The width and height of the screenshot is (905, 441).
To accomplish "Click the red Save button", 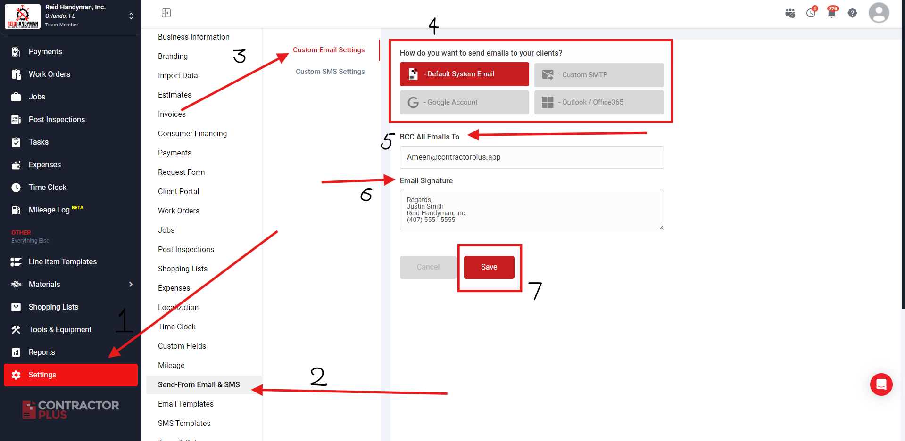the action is pyautogui.click(x=489, y=267).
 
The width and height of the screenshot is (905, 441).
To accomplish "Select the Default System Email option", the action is pyautogui.click(x=465, y=74).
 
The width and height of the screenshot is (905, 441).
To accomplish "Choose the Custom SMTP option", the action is pyautogui.click(x=599, y=75).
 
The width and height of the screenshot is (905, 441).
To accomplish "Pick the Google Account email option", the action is pyautogui.click(x=465, y=102).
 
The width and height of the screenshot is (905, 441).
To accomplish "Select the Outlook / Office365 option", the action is pyautogui.click(x=599, y=102).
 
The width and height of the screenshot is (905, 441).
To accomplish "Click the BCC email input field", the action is pyautogui.click(x=531, y=157).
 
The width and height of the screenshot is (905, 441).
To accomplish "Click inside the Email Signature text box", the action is pyautogui.click(x=531, y=210).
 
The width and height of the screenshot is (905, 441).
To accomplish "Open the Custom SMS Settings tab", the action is pyautogui.click(x=330, y=72).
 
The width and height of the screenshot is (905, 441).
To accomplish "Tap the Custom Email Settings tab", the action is pyautogui.click(x=329, y=50).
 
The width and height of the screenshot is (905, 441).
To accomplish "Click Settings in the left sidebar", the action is pyautogui.click(x=71, y=375).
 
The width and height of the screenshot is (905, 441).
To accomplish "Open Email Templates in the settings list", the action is pyautogui.click(x=186, y=404).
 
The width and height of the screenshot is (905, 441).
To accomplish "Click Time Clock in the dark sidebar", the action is pyautogui.click(x=47, y=188).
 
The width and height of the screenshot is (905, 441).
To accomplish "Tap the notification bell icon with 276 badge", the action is pyautogui.click(x=832, y=12).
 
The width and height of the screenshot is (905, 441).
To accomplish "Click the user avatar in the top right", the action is pyautogui.click(x=879, y=13).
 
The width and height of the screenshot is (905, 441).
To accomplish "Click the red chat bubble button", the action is pyautogui.click(x=881, y=384).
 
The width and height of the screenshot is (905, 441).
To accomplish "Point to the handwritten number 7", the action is pyautogui.click(x=535, y=290).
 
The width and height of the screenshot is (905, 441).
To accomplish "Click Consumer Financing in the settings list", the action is pyautogui.click(x=192, y=134).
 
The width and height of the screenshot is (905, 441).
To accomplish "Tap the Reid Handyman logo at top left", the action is pyautogui.click(x=23, y=16).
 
